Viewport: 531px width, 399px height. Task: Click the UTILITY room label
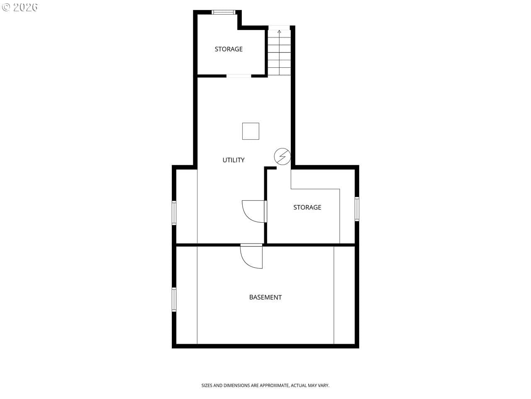click(x=233, y=160)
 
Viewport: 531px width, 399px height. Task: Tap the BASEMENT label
click(x=265, y=297)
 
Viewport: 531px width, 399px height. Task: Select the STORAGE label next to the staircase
click(x=229, y=49)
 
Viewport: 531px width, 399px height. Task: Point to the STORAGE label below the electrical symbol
click(x=307, y=207)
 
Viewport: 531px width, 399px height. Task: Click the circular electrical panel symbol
click(x=283, y=157)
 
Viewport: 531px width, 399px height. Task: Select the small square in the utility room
click(x=251, y=131)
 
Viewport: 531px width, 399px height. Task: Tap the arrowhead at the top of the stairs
click(x=279, y=31)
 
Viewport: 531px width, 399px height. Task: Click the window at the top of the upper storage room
click(x=223, y=12)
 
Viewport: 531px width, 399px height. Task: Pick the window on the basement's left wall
click(x=174, y=299)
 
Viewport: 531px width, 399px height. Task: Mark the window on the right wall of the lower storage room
click(x=357, y=209)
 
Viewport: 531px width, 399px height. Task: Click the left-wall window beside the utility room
click(x=174, y=213)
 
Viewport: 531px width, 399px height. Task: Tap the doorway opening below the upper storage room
click(x=239, y=76)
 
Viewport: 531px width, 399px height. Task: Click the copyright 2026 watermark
click(x=19, y=7)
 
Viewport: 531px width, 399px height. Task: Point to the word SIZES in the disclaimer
click(x=207, y=385)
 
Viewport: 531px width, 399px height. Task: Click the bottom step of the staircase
click(x=279, y=71)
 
